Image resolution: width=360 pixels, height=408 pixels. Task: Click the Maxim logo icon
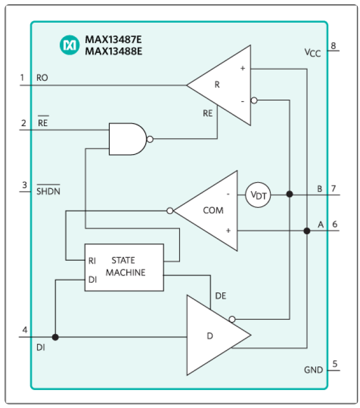click(69, 46)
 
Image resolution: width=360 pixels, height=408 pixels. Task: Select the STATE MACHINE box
click(125, 267)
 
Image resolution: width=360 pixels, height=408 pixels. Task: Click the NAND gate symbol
click(127, 139)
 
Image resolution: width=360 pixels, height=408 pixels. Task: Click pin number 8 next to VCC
click(334, 45)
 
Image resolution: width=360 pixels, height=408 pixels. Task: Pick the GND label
click(313, 369)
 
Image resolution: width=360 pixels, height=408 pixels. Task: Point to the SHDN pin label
click(48, 191)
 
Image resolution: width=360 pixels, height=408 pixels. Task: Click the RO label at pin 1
click(42, 78)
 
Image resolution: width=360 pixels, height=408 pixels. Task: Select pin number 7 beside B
click(334, 188)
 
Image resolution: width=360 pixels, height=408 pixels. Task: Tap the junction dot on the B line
click(290, 194)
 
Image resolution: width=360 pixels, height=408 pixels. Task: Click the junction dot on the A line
click(307, 231)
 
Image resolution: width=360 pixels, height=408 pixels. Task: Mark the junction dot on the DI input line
click(55, 337)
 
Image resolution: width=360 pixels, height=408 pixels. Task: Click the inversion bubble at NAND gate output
click(150, 139)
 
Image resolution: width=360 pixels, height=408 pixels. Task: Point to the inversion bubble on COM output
click(169, 211)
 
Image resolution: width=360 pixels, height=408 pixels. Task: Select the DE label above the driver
click(221, 297)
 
